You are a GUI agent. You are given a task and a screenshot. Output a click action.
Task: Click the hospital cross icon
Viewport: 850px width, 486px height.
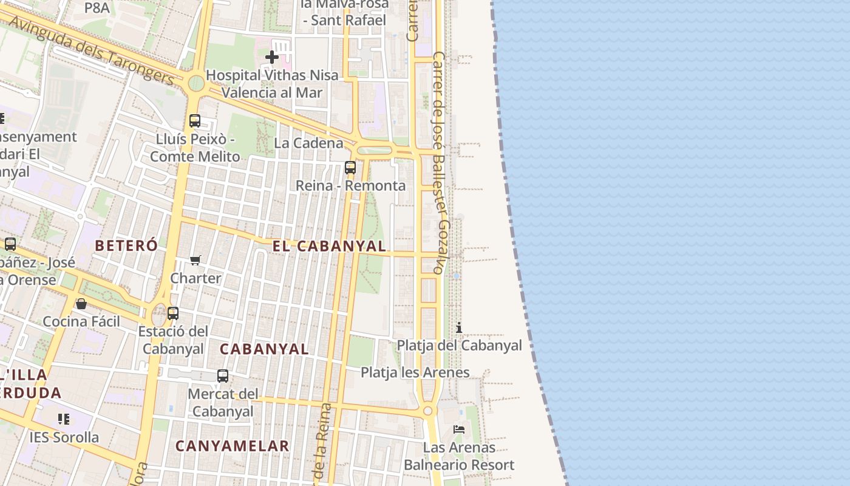[x=271, y=57]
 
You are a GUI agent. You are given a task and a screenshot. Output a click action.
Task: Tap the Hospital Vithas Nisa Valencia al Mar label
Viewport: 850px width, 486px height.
[x=272, y=84]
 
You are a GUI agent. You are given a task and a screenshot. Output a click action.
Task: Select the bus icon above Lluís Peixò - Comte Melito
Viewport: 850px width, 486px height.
[x=194, y=120]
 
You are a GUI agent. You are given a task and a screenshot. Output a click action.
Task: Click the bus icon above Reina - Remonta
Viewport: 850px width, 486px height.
[x=350, y=167]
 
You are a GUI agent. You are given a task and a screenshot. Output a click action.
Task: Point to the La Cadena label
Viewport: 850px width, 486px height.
[x=308, y=143]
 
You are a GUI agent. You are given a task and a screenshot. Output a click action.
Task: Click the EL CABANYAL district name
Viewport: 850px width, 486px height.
[x=329, y=246]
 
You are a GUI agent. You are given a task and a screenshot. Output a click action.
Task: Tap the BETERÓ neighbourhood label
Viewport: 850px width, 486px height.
[x=126, y=245]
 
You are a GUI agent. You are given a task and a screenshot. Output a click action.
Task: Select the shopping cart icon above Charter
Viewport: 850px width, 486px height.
[x=195, y=260]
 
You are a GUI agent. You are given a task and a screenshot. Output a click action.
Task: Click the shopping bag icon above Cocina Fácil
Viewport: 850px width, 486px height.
[x=81, y=303]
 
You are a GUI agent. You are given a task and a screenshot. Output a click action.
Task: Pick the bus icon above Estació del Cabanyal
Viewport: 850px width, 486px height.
[x=173, y=313]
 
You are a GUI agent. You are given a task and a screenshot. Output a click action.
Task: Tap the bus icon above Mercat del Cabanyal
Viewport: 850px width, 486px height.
[x=223, y=376]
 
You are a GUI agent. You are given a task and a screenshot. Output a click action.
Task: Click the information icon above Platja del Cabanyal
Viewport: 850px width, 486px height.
[x=459, y=328]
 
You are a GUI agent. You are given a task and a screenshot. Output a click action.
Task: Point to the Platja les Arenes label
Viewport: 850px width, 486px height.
[x=415, y=372]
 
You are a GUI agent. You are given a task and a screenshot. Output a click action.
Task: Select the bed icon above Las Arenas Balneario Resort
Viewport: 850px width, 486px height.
[x=459, y=430]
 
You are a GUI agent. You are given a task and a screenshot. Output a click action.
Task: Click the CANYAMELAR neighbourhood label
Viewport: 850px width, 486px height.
[x=233, y=446]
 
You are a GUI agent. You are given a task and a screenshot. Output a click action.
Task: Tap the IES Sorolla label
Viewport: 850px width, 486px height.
[x=64, y=437]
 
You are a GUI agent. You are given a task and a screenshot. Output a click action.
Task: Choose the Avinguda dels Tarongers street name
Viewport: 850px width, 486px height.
[x=91, y=50]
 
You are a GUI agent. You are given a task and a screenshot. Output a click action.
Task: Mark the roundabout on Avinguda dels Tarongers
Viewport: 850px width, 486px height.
[x=195, y=83]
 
